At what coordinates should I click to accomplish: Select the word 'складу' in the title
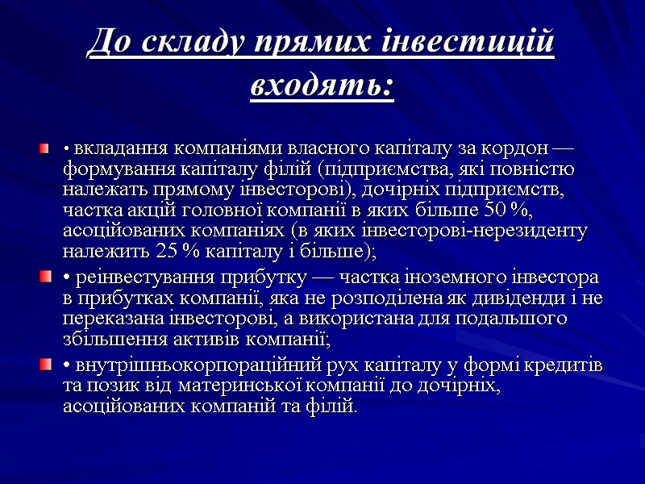[181, 42]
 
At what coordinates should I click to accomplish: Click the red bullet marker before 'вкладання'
[44, 148]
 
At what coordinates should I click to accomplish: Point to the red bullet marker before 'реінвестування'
[44, 278]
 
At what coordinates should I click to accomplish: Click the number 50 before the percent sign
[494, 211]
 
